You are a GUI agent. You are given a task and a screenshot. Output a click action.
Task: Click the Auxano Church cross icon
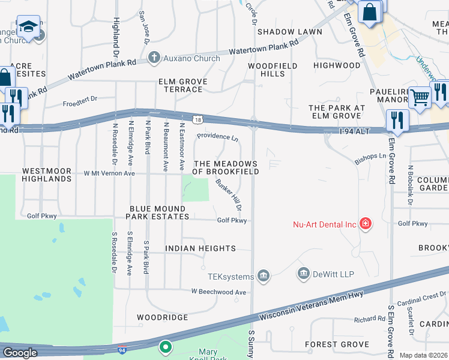[x=154, y=59]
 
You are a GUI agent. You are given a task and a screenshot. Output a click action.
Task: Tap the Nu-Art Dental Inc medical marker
[x=365, y=224]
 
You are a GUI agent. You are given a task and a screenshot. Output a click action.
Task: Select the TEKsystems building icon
[x=263, y=276]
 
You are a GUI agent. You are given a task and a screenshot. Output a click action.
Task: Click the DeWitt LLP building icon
[x=304, y=274]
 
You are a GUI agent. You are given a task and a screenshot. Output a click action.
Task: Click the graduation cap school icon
[x=28, y=26]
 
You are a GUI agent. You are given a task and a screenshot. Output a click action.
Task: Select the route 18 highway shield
[x=197, y=120]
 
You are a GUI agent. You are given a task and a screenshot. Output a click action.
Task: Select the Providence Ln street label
[x=217, y=137]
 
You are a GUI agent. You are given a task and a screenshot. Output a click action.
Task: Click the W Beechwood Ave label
[x=219, y=292]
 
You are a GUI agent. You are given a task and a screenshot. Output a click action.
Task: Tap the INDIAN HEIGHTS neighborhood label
[x=200, y=248]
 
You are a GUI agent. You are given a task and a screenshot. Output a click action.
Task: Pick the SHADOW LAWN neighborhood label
[x=284, y=32]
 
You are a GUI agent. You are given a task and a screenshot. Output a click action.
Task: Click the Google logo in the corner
[x=20, y=353]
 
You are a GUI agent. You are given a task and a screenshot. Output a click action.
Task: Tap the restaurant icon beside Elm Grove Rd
[x=397, y=119]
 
